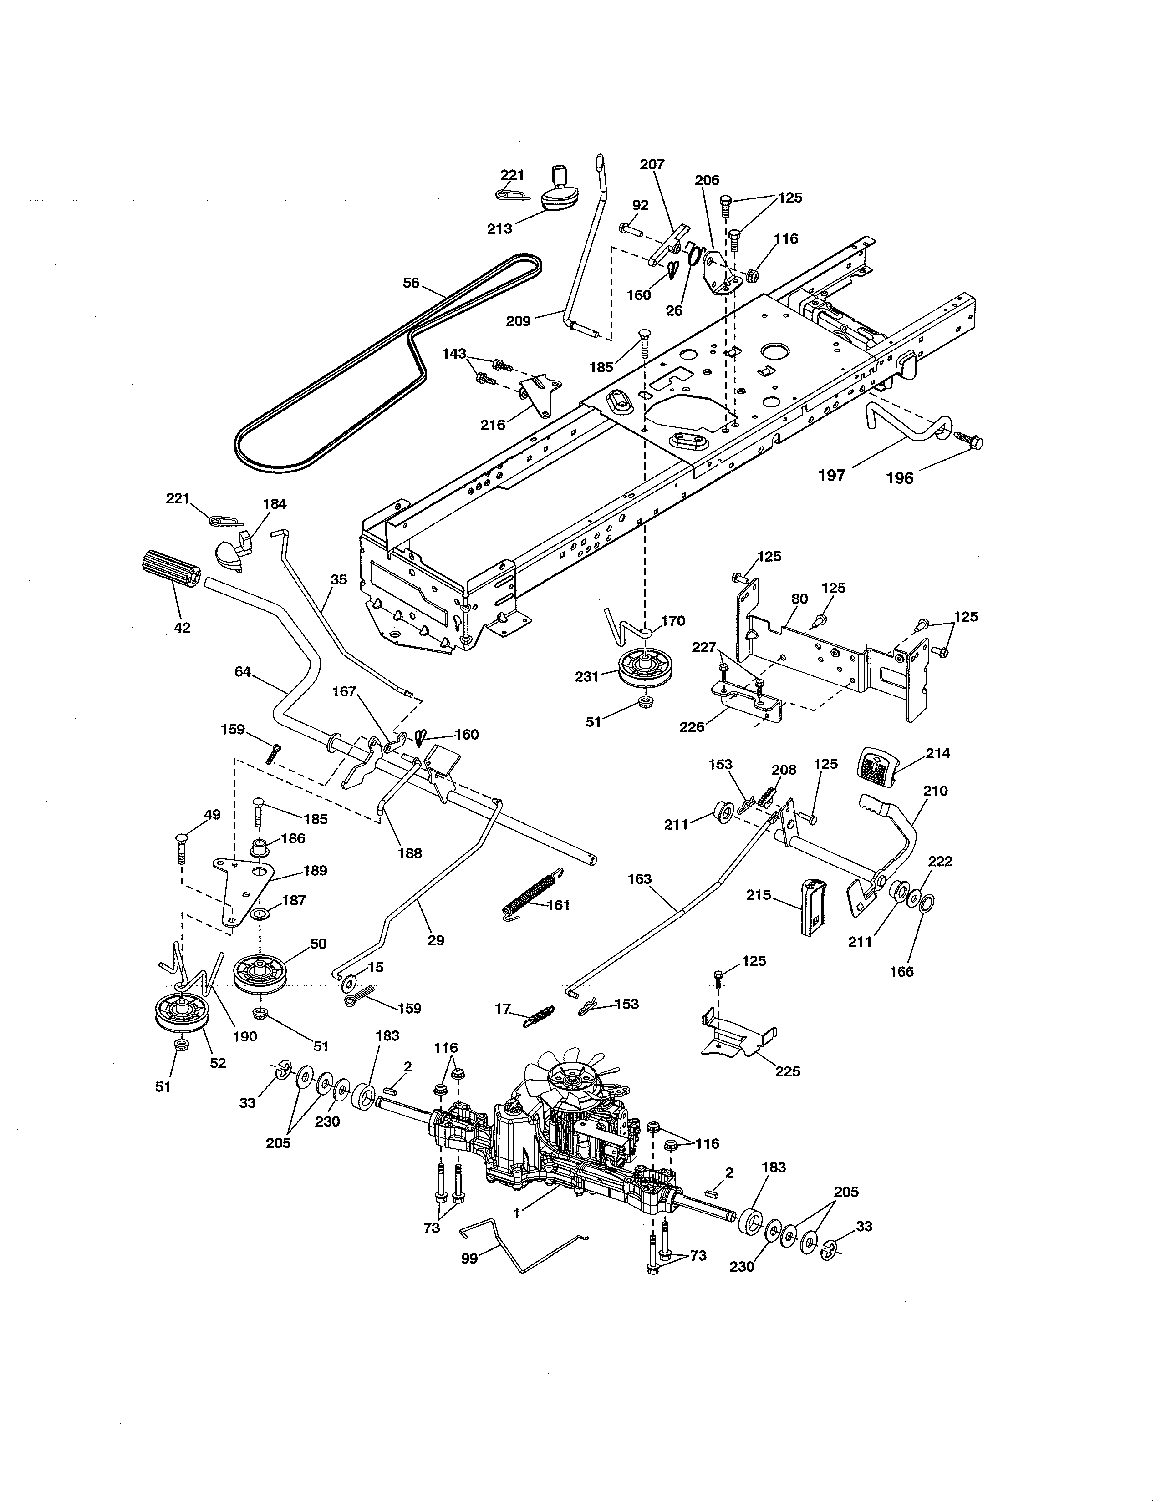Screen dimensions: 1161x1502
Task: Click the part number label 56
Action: coord(411,283)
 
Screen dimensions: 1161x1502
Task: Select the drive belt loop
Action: coord(389,364)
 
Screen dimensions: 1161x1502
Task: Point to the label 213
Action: coord(499,228)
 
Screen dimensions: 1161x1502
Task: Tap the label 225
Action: coord(787,1071)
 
